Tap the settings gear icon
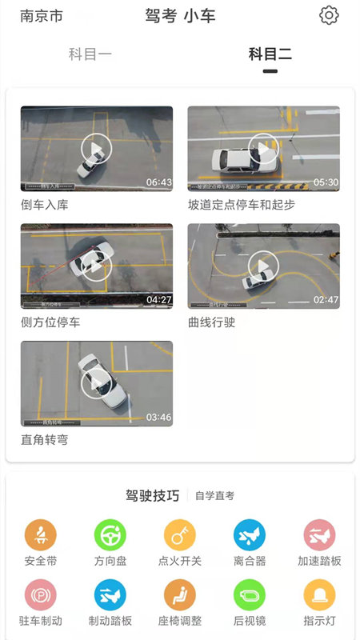click(329, 15)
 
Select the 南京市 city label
click(42, 16)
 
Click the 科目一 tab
click(90, 54)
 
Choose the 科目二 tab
click(270, 54)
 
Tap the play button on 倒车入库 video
click(96, 148)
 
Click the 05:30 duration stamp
click(326, 182)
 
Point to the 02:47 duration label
click(326, 300)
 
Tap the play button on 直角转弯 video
click(96, 383)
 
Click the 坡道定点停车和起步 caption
click(241, 205)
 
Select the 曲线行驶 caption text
click(211, 322)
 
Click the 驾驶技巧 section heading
click(152, 495)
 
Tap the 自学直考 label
click(215, 496)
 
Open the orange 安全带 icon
click(41, 535)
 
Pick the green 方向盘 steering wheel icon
click(110, 535)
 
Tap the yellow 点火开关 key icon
click(180, 535)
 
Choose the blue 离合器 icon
click(250, 535)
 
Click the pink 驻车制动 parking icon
click(41, 595)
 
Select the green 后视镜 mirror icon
click(250, 595)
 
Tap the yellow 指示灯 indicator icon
click(319, 595)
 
